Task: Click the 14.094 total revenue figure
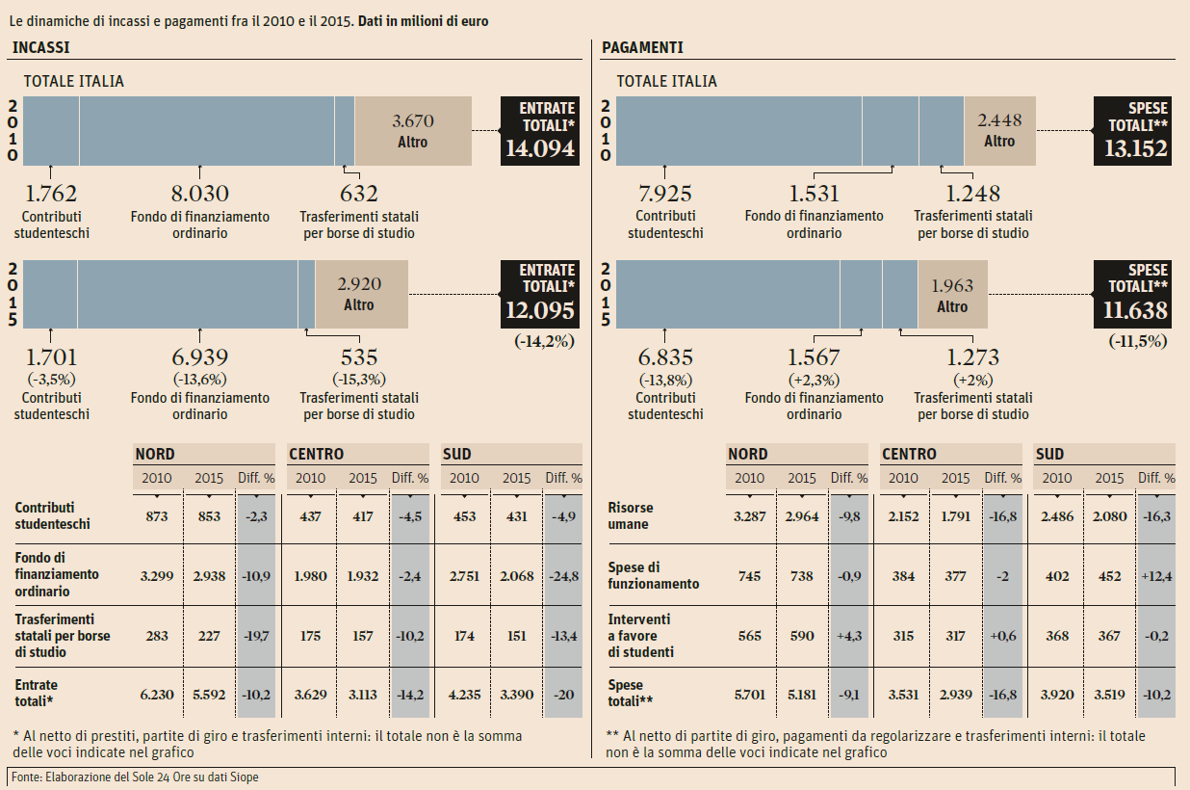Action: point(540,148)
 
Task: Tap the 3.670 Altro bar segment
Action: point(413,131)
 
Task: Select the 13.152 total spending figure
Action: point(1134,148)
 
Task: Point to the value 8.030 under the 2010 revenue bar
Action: point(199,194)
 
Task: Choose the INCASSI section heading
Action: point(40,47)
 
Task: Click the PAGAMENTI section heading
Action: point(642,47)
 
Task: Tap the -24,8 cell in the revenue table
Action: point(562,576)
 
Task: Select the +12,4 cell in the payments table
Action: point(1155,576)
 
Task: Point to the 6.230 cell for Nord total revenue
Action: point(157,693)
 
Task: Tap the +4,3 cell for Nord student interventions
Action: point(848,636)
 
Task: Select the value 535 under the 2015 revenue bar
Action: point(359,358)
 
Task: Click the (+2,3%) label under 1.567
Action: point(814,380)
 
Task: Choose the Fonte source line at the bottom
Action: point(135,777)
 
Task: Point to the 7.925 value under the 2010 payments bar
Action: point(665,194)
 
